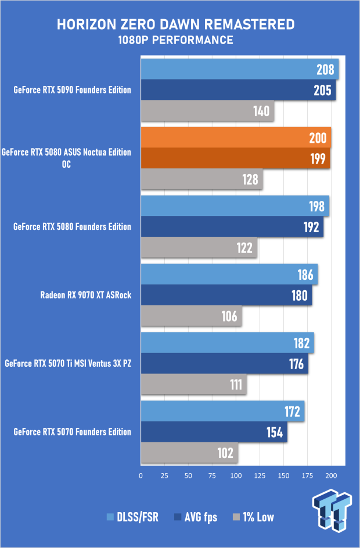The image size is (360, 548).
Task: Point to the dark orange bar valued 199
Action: pos(235,158)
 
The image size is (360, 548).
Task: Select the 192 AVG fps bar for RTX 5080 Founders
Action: pos(232,227)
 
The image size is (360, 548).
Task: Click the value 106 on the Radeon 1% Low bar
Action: pos(229,316)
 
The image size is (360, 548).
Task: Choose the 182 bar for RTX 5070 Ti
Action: pos(227,342)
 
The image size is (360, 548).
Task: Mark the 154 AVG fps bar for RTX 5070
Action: pos(214,432)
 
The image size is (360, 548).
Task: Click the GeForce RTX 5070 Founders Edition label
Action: pos(72,432)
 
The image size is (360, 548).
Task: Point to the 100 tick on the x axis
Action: pos(236,476)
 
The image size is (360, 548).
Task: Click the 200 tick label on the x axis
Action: pos(331,476)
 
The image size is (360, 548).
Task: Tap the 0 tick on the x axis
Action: pos(141,476)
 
